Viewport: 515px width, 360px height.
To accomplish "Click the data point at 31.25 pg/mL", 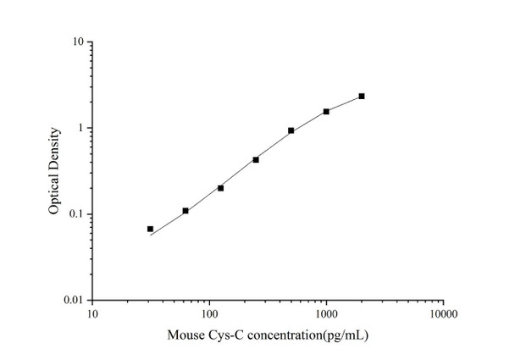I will pos(150,229).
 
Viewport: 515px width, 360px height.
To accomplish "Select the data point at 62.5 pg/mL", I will pos(186,210).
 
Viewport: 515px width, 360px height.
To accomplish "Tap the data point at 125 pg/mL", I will pos(220,187).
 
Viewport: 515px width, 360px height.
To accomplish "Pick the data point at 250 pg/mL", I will pos(256,159).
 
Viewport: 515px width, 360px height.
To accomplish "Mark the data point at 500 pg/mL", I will pos(291,130).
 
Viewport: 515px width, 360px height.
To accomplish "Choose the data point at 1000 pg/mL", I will pos(326,111).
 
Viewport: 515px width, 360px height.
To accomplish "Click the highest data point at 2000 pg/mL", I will pos(362,96).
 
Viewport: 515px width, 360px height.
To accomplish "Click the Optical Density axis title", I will pos(55,170).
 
